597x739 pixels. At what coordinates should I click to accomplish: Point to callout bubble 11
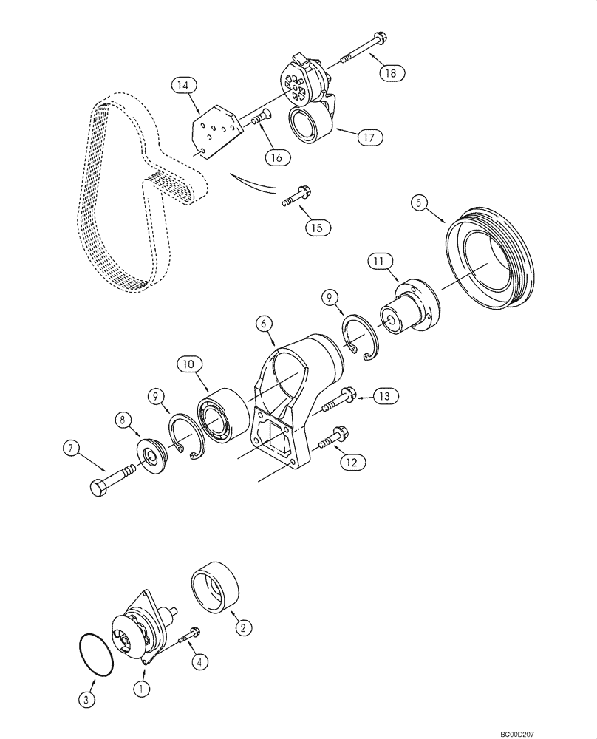pos(379,260)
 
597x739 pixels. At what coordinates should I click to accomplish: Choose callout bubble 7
pos(70,448)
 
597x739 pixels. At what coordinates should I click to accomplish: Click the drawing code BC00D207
pos(561,729)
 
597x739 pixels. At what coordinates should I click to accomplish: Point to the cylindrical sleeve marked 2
pos(214,590)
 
